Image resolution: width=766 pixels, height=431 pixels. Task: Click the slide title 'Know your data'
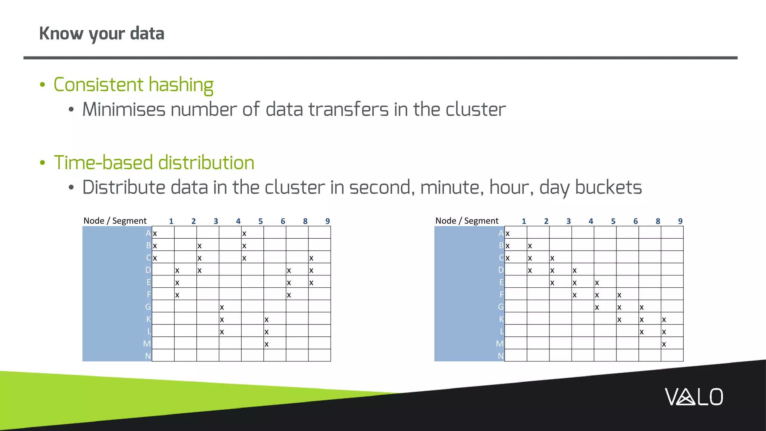(x=102, y=34)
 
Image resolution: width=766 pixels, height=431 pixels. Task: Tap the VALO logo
(x=694, y=397)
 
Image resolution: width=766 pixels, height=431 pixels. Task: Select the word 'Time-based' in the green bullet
(x=104, y=163)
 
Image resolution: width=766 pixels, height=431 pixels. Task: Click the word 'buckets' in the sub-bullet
(x=608, y=187)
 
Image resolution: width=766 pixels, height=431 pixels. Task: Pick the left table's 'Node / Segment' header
(x=115, y=221)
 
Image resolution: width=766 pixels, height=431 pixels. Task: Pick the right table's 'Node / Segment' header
(x=467, y=221)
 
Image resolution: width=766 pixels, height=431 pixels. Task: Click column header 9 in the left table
(x=327, y=221)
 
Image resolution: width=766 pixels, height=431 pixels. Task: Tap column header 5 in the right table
(x=613, y=221)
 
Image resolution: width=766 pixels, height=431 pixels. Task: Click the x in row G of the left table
(x=222, y=308)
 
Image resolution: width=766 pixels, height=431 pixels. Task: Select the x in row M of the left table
(x=266, y=344)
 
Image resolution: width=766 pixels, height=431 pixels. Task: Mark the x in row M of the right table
(x=664, y=344)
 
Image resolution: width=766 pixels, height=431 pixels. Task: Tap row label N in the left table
(x=148, y=356)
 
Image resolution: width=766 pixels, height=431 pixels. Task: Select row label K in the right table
(x=501, y=319)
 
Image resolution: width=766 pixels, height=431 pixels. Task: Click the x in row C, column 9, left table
(x=311, y=258)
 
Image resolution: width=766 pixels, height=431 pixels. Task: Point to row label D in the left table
(x=148, y=270)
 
